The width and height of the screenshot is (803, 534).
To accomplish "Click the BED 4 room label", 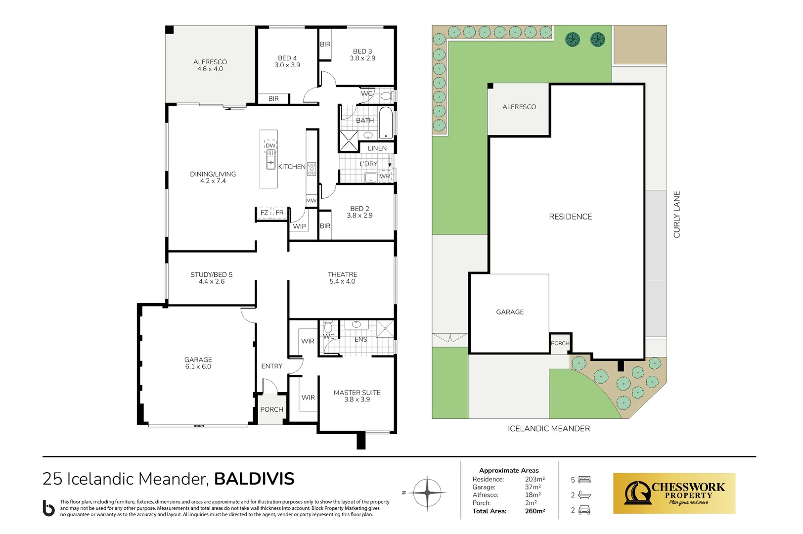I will click(x=287, y=62).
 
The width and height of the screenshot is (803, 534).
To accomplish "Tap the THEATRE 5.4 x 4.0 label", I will click(x=342, y=278).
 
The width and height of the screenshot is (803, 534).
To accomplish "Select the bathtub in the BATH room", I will click(x=386, y=123).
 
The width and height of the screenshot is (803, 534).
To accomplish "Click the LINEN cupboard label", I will click(x=377, y=148).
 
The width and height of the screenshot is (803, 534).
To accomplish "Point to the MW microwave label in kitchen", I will click(x=311, y=201).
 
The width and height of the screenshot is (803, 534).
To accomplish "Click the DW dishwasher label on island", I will click(x=270, y=146).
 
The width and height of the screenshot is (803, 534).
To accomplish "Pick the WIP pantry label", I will click(x=300, y=226).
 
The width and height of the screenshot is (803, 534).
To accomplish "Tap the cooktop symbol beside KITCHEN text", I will click(x=312, y=169).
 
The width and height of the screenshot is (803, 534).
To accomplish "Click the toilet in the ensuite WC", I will click(x=328, y=327).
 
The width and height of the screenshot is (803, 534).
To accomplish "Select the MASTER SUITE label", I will click(x=357, y=396).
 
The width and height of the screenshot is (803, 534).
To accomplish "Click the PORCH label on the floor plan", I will click(x=271, y=409).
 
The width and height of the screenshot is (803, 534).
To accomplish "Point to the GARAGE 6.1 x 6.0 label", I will click(x=198, y=363).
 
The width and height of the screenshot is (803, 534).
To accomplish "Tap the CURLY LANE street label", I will click(x=677, y=215).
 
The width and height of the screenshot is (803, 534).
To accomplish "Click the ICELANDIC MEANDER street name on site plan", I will click(x=549, y=429).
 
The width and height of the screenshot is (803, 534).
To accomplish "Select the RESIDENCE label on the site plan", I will click(x=570, y=217).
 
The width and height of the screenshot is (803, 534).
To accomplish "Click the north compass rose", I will click(x=427, y=492).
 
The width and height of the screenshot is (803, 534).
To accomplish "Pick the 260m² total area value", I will click(x=535, y=511).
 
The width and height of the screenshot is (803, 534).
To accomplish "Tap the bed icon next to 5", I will click(x=584, y=480).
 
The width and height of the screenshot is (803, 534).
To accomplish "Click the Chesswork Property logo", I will click(x=674, y=493).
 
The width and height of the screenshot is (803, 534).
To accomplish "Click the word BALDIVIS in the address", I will click(x=254, y=479).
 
